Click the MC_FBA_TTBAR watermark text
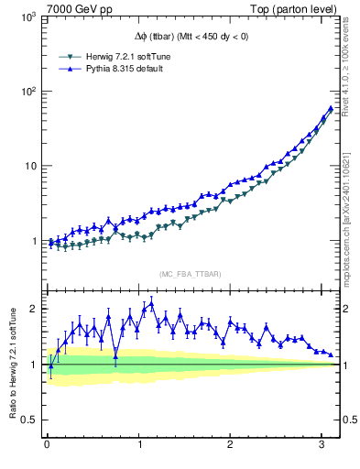pyautogui.click(x=190, y=275)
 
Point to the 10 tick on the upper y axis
pyautogui.click(x=33, y=166)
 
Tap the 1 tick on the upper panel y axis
pyautogui.click(x=36, y=241)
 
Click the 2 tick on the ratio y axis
pyautogui.click(x=36, y=309)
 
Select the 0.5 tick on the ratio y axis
pyautogui.click(x=31, y=420)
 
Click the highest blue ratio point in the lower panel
pyautogui.click(x=151, y=303)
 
